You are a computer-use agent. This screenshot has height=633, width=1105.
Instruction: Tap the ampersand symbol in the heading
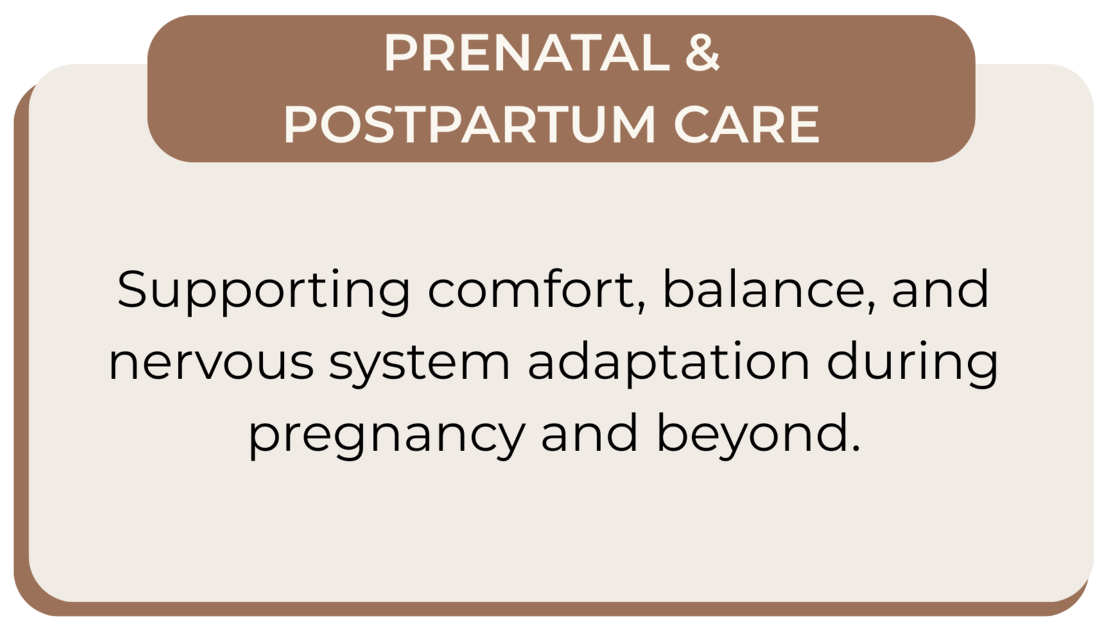702,53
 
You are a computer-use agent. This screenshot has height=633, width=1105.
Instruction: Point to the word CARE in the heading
746,124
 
